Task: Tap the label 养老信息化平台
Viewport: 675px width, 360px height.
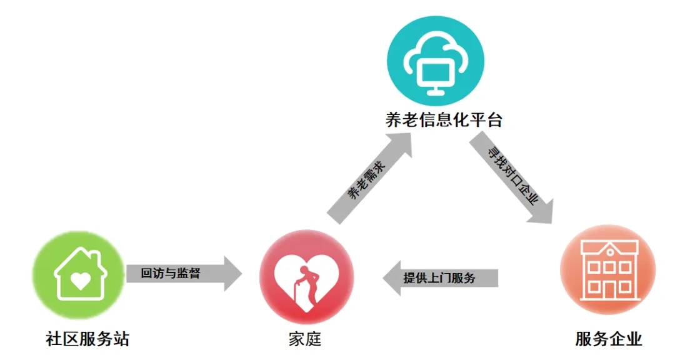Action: [x=444, y=119]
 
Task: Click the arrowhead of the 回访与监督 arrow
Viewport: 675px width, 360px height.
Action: [x=233, y=273]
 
